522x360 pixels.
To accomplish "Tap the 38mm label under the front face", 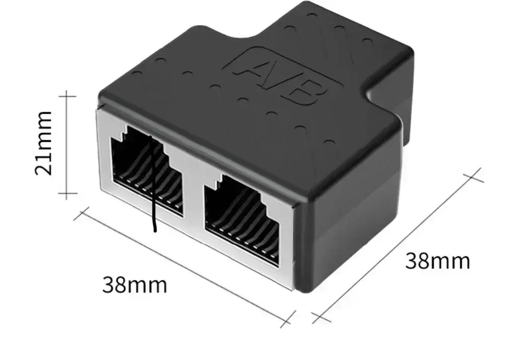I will pos(135,285).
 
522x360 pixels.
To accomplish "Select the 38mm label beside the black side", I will pos(437,261).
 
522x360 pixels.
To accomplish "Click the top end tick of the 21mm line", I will pos(67,96).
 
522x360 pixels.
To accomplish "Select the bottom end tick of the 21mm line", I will pos(67,195).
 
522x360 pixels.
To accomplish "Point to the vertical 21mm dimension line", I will pos(67,146).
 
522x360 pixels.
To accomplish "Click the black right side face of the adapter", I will pos(350,230).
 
